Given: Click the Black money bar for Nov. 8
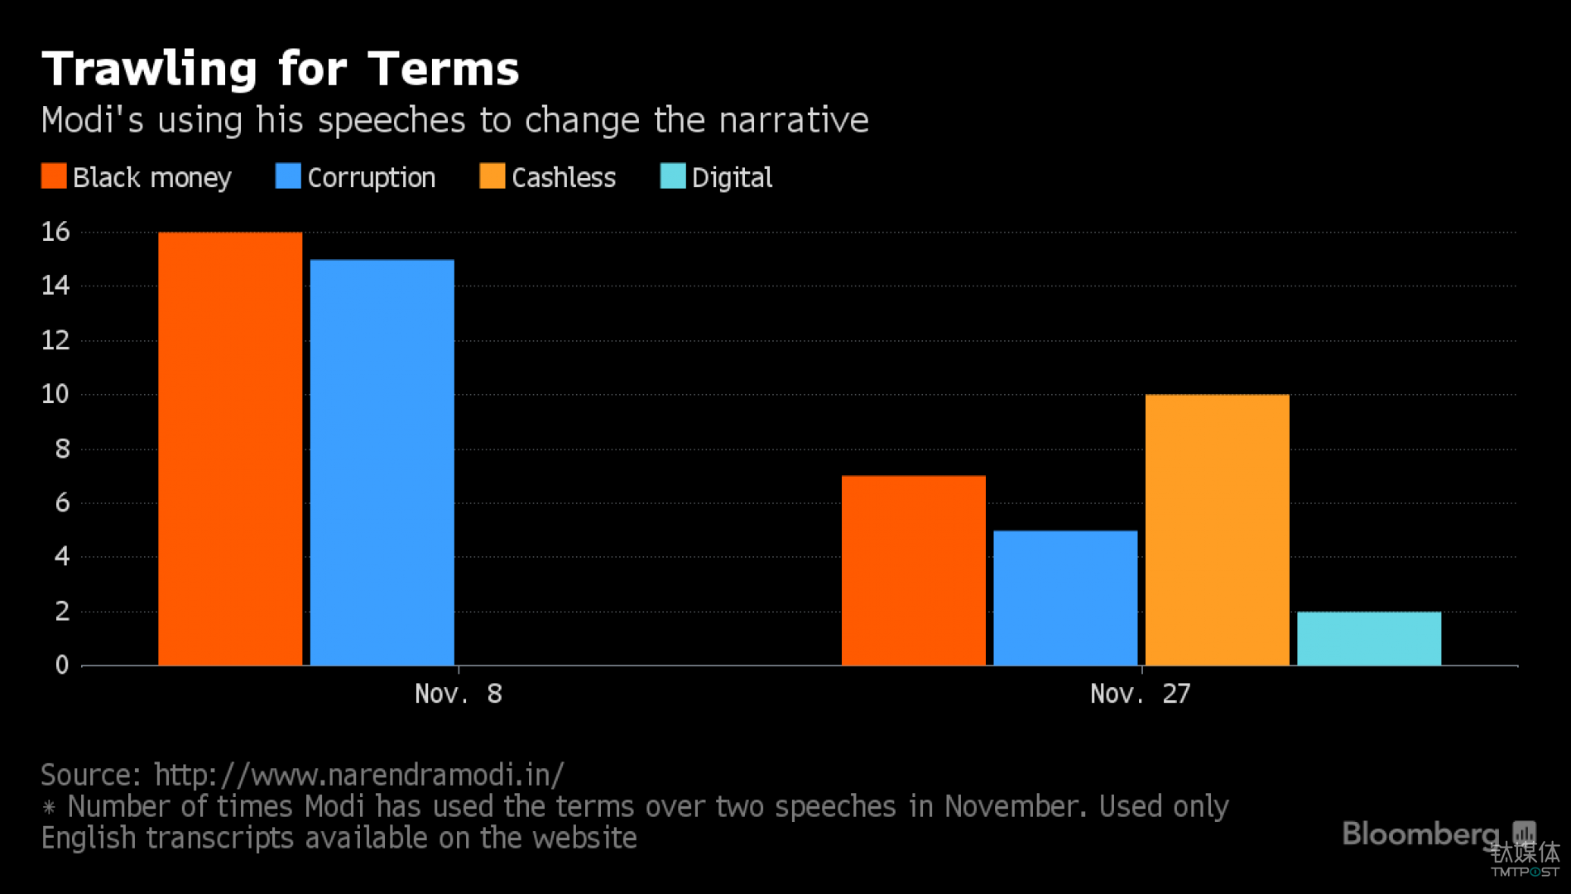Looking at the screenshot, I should pos(230,449).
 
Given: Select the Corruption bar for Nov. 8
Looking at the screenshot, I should pos(382,462).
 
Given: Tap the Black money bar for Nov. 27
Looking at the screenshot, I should pos(913,570).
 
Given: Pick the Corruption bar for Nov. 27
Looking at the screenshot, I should pos(1065,598).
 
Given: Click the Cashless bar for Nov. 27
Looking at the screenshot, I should pos(1217,530).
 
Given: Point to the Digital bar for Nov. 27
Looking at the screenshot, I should pos(1369,638).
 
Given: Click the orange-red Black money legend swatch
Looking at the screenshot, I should pos(54,176).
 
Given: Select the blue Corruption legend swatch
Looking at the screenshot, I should pos(288,176).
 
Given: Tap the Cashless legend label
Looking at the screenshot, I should pos(564,177).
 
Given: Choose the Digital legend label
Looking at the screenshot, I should pos(732,177).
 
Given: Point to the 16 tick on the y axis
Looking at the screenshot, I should pos(55,232).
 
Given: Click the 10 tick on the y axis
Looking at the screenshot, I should pos(55,394).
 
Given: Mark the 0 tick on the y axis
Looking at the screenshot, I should pos(62,665).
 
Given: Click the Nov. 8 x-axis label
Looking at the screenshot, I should pos(458,694).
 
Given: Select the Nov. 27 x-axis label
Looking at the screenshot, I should pos(1140,694).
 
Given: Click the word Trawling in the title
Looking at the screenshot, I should pos(150,69).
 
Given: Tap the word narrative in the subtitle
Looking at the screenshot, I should pos(794,121).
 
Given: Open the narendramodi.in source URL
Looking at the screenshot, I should pos(359,775).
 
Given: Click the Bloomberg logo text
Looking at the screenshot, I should pos(1420,834).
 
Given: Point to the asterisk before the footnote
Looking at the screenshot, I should pos(49,807).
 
